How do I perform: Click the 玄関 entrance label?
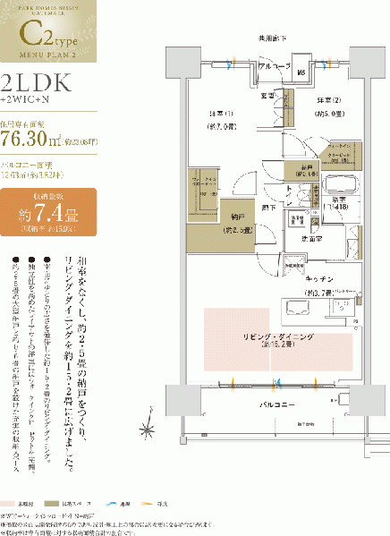pyautogui.click(x=267, y=95)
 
